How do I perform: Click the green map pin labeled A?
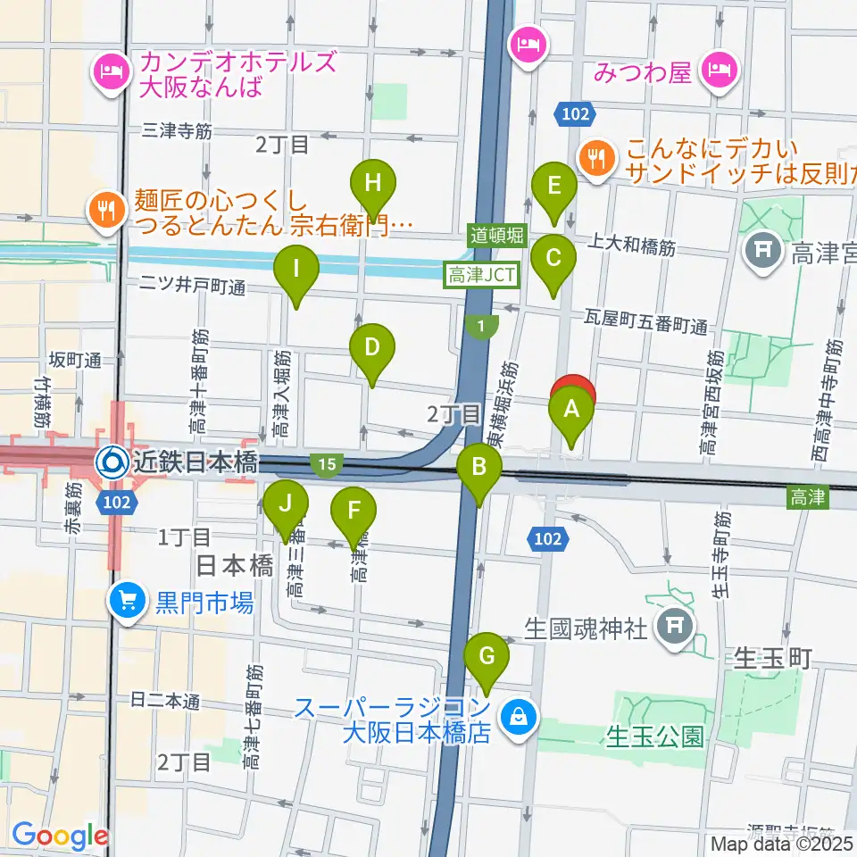(x=571, y=412)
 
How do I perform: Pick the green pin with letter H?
(x=373, y=184)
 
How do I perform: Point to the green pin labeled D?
(x=372, y=348)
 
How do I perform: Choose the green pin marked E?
(x=553, y=187)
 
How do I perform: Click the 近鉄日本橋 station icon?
(x=112, y=462)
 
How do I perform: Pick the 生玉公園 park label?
(x=655, y=736)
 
